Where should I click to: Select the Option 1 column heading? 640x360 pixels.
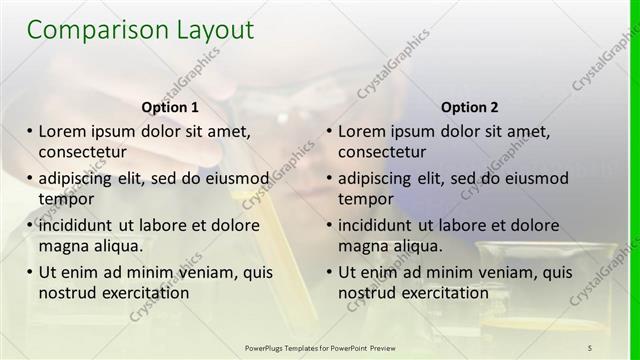click(171, 107)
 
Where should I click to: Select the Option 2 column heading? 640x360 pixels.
click(469, 107)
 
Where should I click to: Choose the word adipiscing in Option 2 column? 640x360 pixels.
click(377, 178)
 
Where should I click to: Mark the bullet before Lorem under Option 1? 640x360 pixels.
click(30, 131)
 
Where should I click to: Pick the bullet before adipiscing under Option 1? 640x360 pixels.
click(30, 178)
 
